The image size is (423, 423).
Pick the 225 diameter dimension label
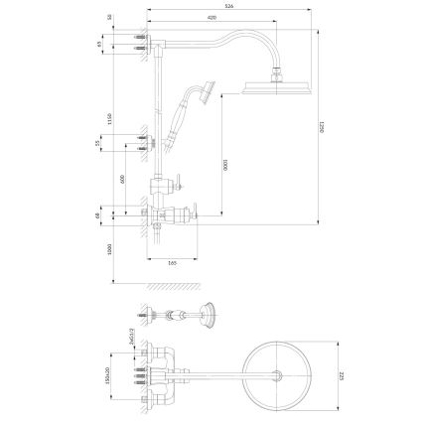pos(341,374)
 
